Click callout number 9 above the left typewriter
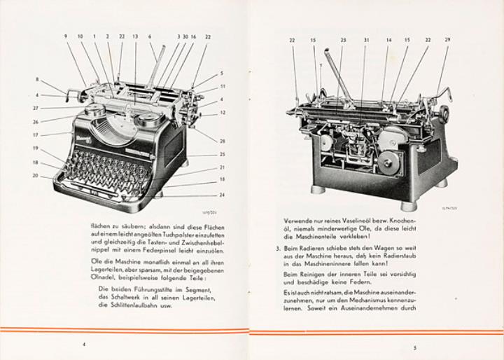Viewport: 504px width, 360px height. click(66, 36)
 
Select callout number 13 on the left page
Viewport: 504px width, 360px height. click(135, 36)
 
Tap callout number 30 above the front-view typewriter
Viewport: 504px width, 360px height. click(185, 36)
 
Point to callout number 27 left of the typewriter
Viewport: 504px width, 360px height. click(35, 108)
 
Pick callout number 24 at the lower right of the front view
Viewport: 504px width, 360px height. click(222, 195)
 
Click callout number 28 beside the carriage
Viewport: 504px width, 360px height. click(222, 141)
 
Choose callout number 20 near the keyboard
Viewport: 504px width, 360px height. click(35, 175)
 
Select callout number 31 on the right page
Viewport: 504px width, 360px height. click(365, 40)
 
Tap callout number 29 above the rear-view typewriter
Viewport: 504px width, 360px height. click(447, 40)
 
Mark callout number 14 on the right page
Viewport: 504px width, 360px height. click(388, 40)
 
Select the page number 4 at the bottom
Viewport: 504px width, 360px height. click(84, 345)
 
